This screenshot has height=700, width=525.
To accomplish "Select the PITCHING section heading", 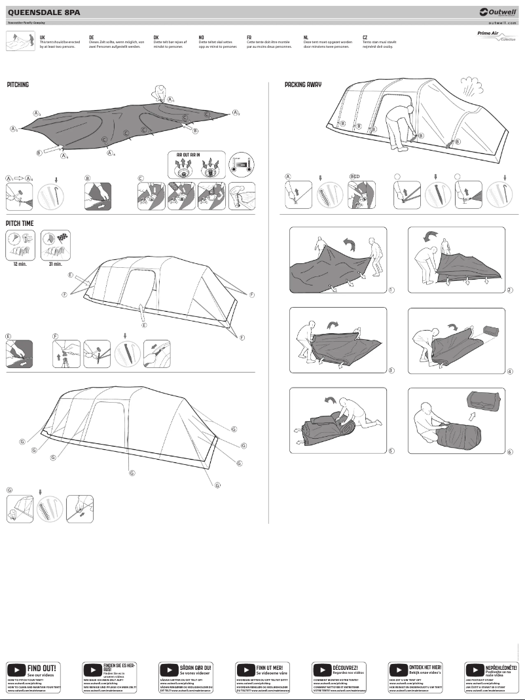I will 18,85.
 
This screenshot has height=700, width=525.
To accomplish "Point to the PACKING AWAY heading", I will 303,85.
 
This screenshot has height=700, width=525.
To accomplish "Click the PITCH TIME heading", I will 20,223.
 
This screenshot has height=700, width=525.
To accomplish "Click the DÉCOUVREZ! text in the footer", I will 345,667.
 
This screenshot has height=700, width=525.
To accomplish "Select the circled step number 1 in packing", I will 391,289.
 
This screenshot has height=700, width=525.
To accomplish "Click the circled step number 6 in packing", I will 509,451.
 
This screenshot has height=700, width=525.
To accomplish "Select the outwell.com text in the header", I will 502,22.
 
